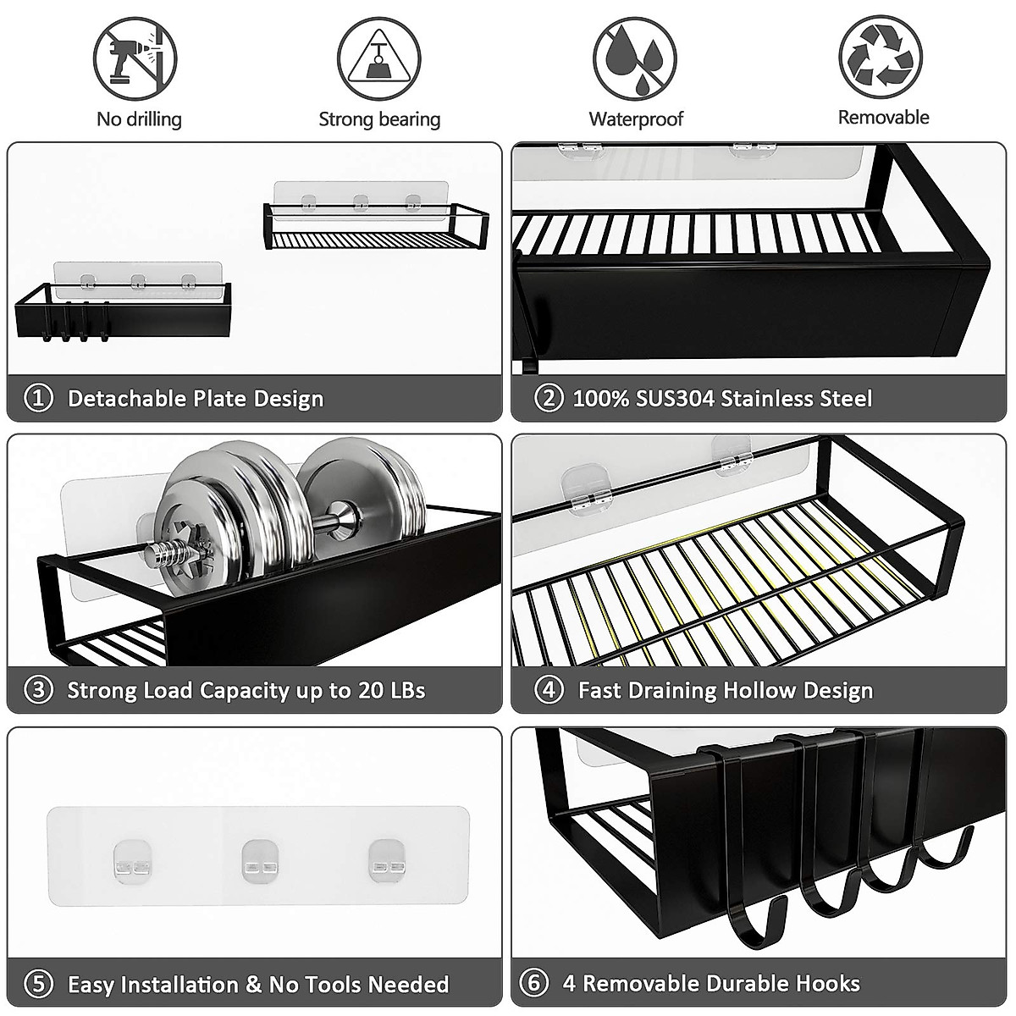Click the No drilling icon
click(x=135, y=58)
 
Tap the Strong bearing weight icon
click(x=379, y=58)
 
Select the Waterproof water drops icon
click(x=634, y=58)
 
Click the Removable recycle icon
click(x=881, y=56)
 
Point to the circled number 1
click(x=39, y=398)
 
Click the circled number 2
click(x=549, y=398)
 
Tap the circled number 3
click(x=39, y=690)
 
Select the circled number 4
click(x=549, y=690)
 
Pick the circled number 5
click(x=39, y=985)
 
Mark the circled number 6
click(x=534, y=983)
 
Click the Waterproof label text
click(x=636, y=119)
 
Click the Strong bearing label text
click(x=379, y=119)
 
